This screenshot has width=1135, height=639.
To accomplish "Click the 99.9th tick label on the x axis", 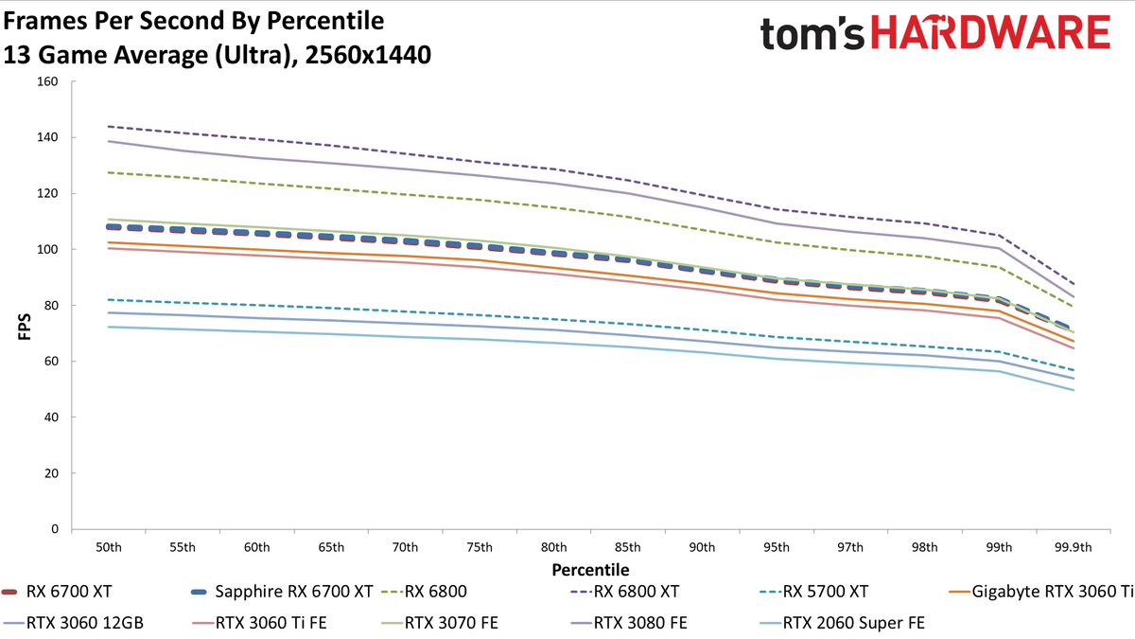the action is [1074, 547].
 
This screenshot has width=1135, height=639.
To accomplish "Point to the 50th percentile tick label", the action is [109, 547].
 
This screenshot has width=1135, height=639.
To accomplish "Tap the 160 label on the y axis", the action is [47, 81].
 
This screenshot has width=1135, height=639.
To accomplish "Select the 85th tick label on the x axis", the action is [628, 547].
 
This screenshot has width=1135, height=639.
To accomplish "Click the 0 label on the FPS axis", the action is [55, 529].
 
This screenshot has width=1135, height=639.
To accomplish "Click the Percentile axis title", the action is [590, 570].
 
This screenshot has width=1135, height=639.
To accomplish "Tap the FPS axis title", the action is [25, 327].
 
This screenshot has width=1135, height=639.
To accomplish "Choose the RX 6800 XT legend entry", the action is [624, 592].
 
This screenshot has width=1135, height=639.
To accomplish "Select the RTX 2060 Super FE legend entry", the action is [842, 623].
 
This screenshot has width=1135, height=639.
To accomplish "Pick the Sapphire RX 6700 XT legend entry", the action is [282, 592].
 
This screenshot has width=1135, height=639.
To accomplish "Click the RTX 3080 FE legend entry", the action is [629, 623].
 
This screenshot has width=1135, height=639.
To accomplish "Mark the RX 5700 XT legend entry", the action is [813, 592].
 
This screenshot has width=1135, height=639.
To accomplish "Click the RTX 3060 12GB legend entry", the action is [74, 623].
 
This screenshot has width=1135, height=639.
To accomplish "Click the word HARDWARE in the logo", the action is [990, 32].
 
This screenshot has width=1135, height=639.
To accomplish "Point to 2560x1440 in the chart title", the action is [368, 55].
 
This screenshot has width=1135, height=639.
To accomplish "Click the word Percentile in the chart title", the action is [325, 21].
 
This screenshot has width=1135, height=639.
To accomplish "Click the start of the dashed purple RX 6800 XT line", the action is [109, 126].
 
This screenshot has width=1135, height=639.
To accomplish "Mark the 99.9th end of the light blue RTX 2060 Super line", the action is [1074, 390].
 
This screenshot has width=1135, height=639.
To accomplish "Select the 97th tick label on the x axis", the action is [850, 547].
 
